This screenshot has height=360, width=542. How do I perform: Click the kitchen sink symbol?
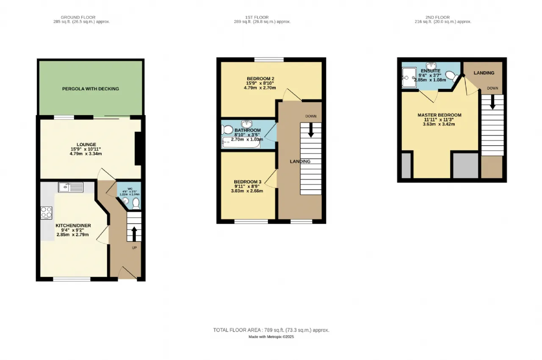click(x=71, y=186)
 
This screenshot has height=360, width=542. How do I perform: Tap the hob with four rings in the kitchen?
click(x=46, y=213)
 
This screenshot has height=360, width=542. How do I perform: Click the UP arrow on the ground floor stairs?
click(x=134, y=233)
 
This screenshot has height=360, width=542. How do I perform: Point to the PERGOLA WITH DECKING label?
click(x=91, y=89)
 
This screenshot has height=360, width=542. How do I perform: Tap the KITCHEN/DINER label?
click(x=73, y=226)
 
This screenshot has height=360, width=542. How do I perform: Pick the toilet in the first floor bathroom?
click(x=227, y=129)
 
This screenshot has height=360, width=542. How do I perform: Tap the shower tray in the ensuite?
click(x=409, y=78)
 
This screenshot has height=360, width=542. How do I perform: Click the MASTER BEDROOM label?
click(x=440, y=115)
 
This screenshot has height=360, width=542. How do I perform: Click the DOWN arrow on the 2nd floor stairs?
click(x=492, y=102)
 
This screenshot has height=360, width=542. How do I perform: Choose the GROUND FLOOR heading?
click(x=78, y=17)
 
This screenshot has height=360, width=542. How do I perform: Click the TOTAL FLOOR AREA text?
click(x=271, y=330)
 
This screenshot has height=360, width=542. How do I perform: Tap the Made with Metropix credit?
click(x=271, y=337)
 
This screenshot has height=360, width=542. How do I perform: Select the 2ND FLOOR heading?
click(x=442, y=17)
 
